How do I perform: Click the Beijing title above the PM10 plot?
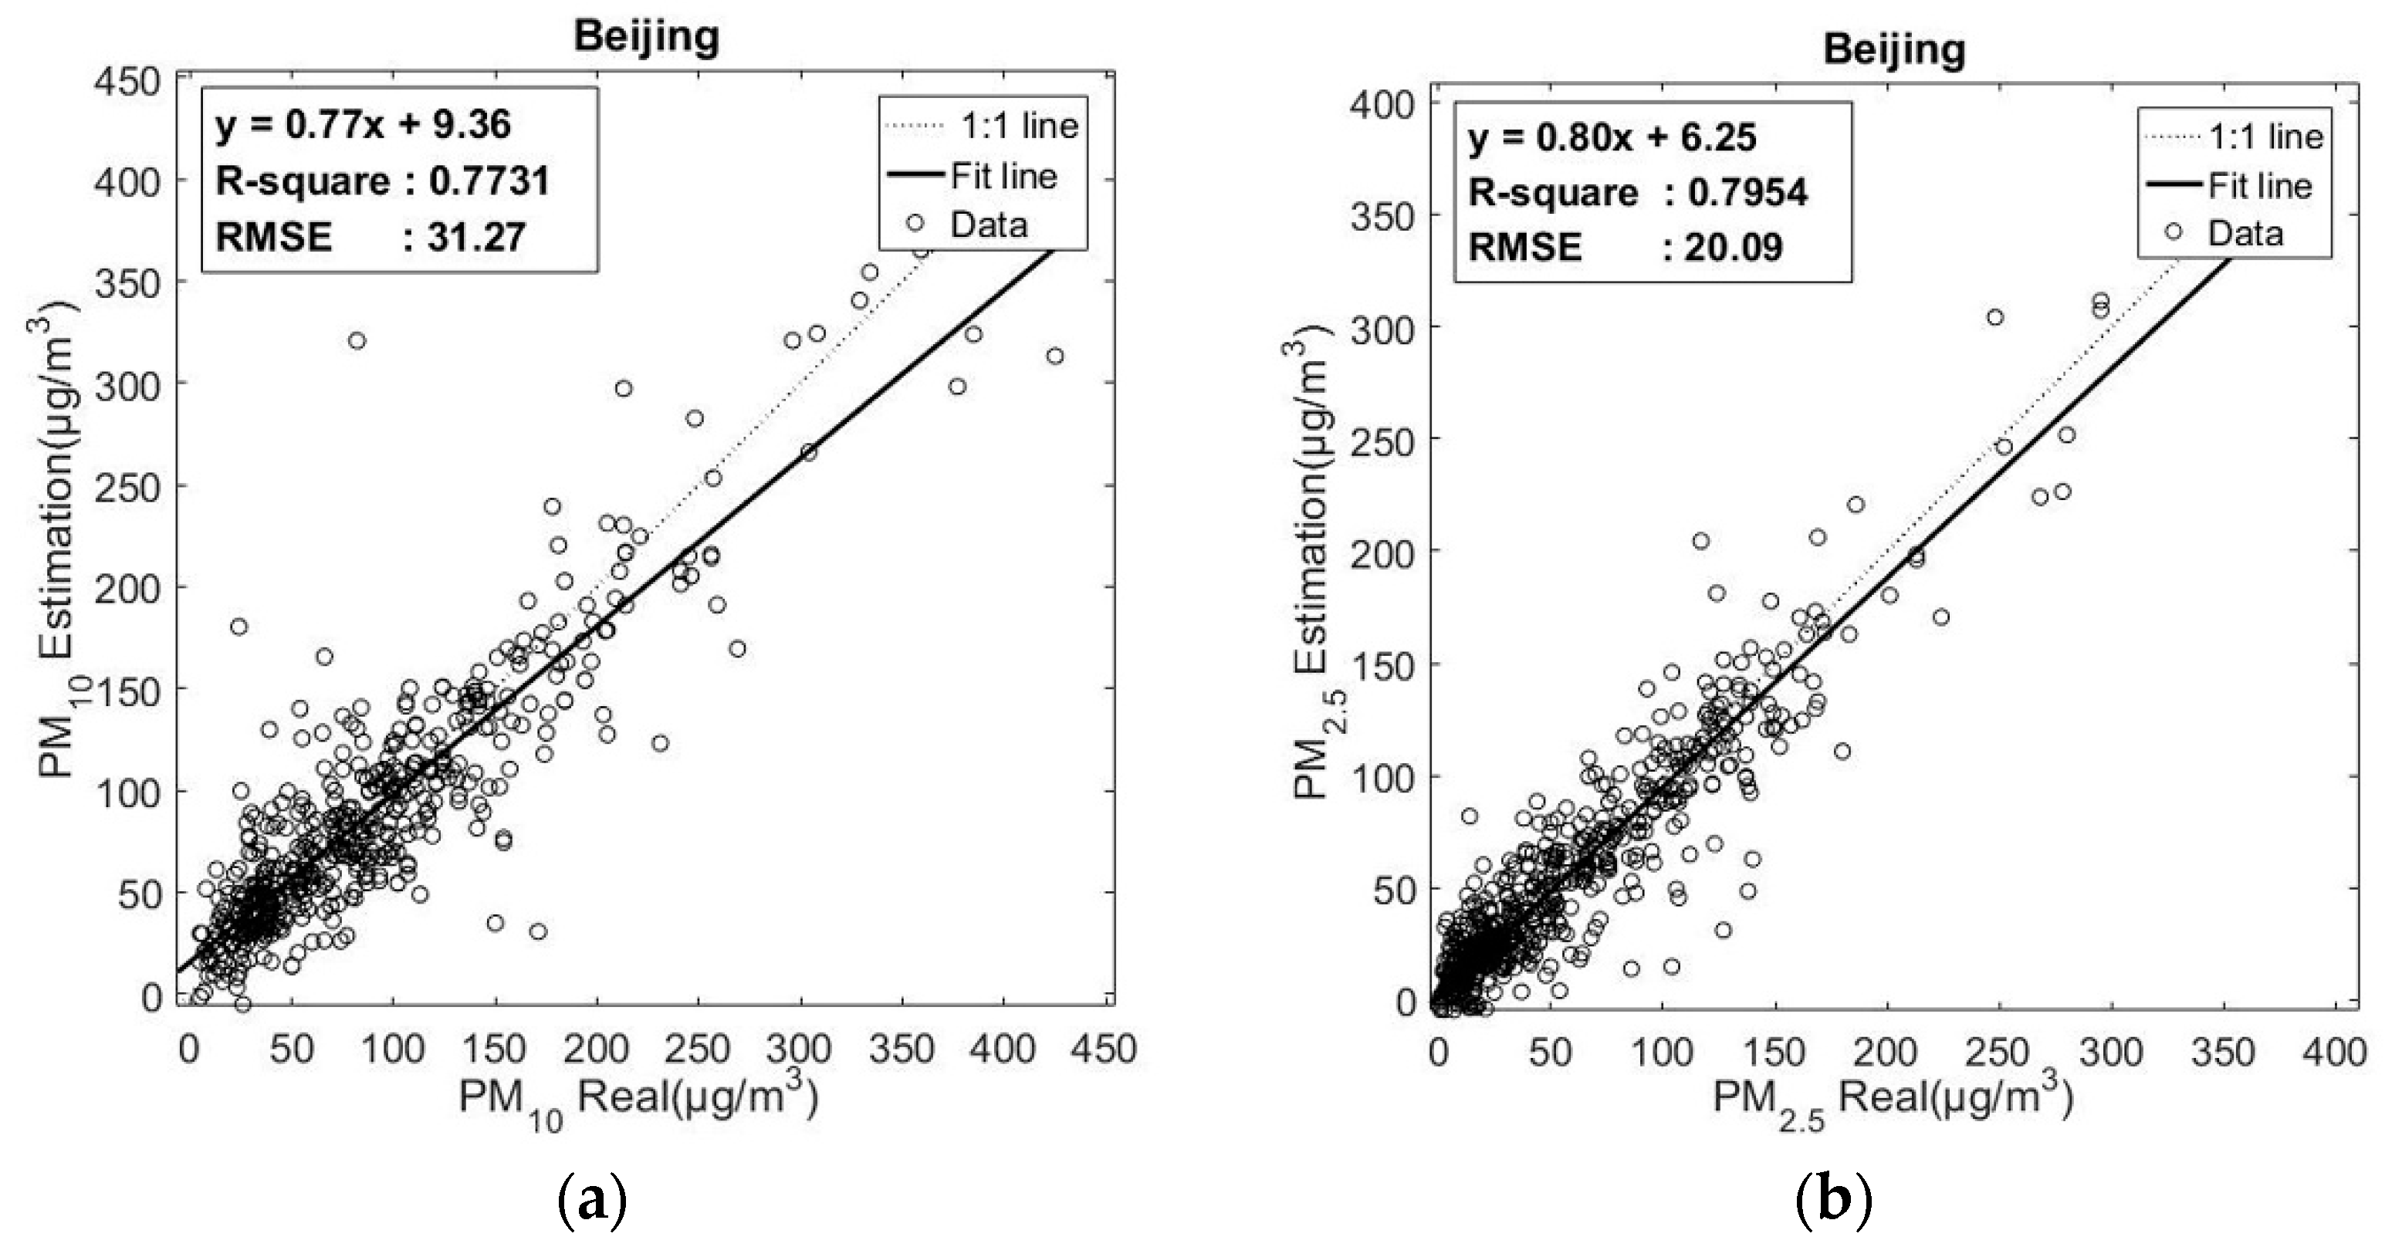[646, 36]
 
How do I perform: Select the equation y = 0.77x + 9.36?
[363, 124]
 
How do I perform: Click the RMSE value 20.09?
[1734, 247]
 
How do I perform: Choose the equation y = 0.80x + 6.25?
[1612, 138]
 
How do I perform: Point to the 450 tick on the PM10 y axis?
[129, 82]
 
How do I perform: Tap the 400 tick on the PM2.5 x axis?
[2334, 1053]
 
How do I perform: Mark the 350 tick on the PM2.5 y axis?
[1383, 216]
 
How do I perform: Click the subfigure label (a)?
[593, 1201]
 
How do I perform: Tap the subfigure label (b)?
[1833, 1201]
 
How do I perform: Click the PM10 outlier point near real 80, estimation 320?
[357, 340]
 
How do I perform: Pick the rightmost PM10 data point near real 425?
[1054, 356]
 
